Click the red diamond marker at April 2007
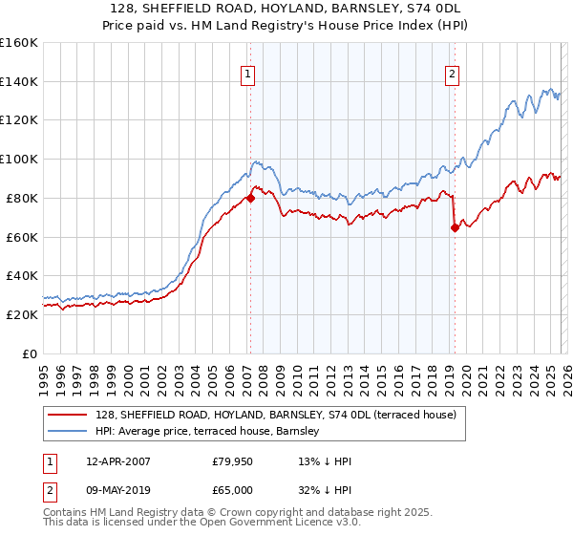click(x=250, y=199)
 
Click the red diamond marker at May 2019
click(x=454, y=227)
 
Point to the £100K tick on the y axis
click(x=18, y=160)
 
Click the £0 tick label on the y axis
click(x=29, y=353)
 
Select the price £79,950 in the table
click(x=233, y=461)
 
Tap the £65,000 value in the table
click(x=233, y=490)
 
